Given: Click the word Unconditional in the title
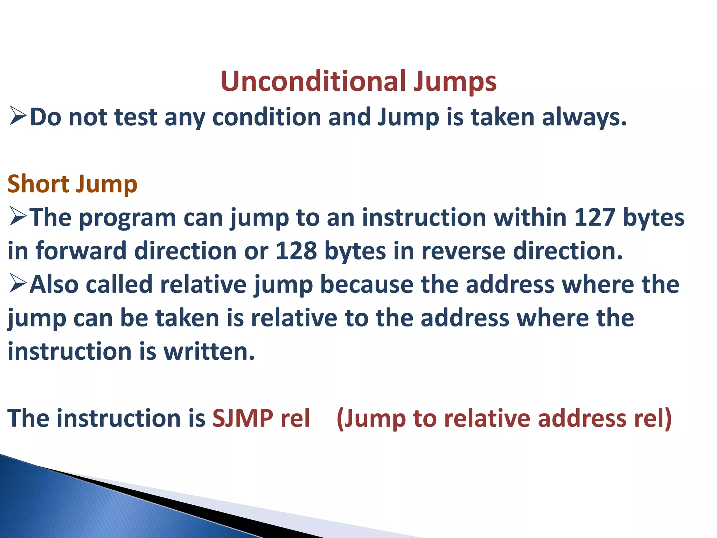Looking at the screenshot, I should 313,81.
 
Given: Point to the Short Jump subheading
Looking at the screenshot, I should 72,184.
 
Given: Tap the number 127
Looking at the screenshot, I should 594,217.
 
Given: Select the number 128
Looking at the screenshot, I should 296,251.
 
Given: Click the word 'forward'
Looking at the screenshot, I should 81,251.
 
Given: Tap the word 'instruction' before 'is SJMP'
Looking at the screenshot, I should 119,418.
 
